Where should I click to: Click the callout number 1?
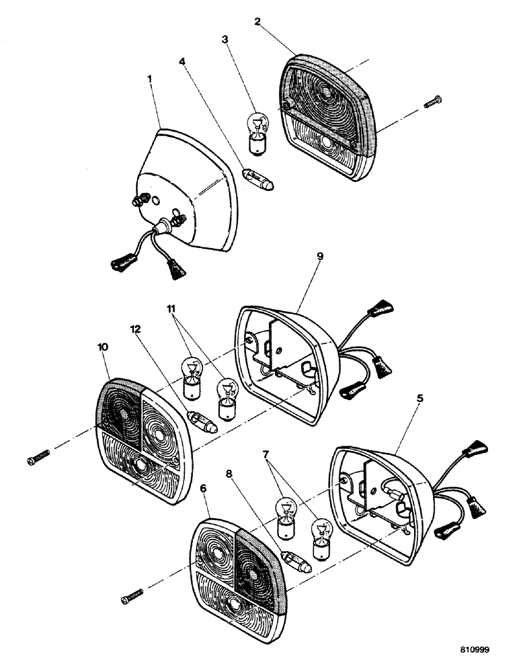click(150, 79)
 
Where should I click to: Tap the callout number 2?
click(257, 21)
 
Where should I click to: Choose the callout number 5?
click(420, 398)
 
